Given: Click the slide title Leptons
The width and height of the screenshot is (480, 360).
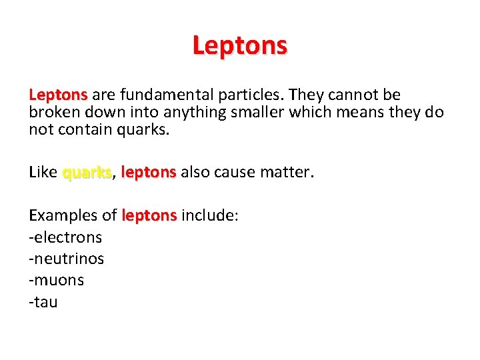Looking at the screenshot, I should click(240, 46).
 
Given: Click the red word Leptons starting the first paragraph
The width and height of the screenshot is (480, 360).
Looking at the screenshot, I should click(58, 95).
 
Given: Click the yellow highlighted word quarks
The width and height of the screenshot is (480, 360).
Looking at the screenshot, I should click(87, 172).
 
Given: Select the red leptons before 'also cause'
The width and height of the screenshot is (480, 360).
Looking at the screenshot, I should click(148, 172).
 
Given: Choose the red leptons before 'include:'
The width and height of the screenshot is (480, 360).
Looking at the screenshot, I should click(149, 215).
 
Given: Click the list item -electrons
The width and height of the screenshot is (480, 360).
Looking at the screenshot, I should click(65, 237).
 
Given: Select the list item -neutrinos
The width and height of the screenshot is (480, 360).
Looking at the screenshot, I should click(67, 259).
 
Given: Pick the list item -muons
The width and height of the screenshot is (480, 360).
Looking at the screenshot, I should click(57, 280).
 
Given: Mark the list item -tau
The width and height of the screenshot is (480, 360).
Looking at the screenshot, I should click(43, 302).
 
